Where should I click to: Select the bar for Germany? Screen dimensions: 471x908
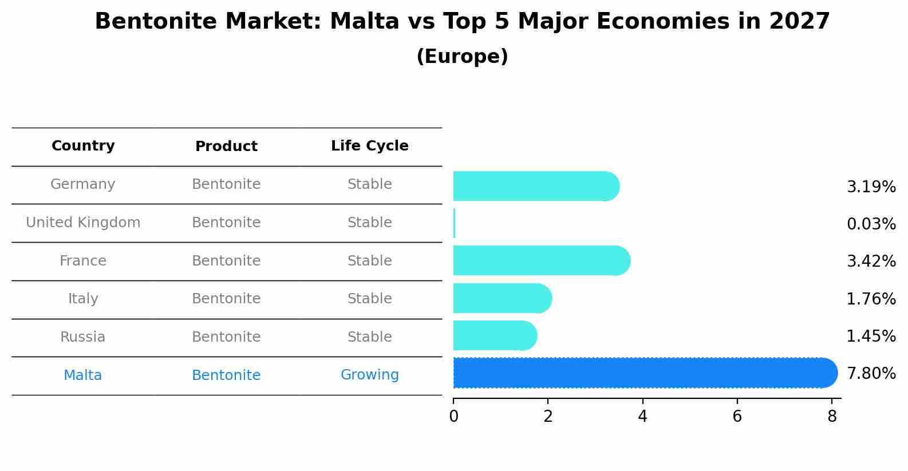click(x=535, y=186)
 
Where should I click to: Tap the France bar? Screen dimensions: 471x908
click(x=541, y=260)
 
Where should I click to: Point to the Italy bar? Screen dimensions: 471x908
click(x=502, y=298)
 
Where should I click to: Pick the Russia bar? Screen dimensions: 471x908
click(x=495, y=335)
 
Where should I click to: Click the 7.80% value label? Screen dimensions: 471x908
click(x=871, y=374)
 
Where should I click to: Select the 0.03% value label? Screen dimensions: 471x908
click(x=871, y=224)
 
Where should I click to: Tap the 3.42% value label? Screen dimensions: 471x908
click(x=871, y=262)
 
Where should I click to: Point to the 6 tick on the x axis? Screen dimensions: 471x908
click(x=737, y=417)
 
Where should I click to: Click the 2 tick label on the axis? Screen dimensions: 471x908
click(x=548, y=417)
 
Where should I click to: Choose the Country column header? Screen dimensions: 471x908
click(x=83, y=146)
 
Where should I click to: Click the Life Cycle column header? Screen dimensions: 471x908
click(x=369, y=146)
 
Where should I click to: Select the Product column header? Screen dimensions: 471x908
click(x=226, y=147)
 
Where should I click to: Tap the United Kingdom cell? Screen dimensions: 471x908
click(x=83, y=223)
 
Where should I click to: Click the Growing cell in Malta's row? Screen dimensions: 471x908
click(x=369, y=375)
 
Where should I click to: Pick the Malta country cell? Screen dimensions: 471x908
click(x=83, y=375)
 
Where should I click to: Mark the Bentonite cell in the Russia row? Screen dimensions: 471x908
click(x=226, y=337)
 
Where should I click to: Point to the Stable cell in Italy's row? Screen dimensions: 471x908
click(x=369, y=299)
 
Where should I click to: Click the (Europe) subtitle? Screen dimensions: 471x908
click(x=462, y=57)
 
